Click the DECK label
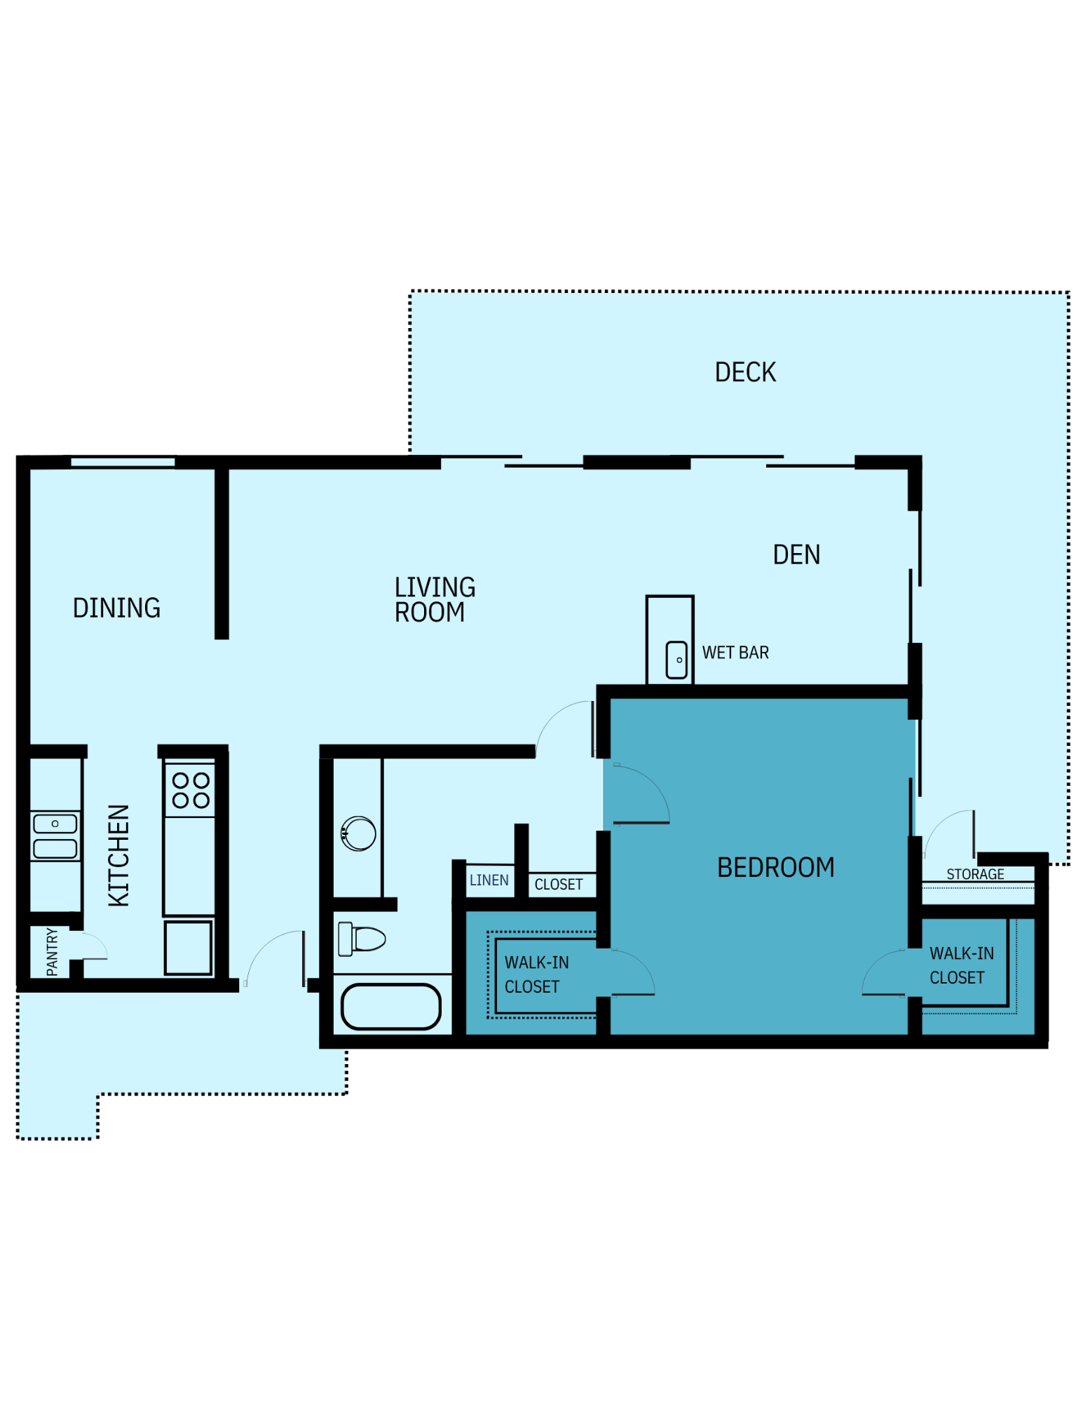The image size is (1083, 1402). click(x=744, y=372)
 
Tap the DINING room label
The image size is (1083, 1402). click(x=116, y=608)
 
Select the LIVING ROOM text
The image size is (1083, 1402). click(x=434, y=599)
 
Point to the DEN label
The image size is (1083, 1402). click(x=796, y=554)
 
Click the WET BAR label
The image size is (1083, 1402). click(x=735, y=653)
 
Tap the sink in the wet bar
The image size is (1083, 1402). click(x=676, y=660)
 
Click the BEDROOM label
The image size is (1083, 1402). click(x=775, y=867)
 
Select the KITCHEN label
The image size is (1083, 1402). click(x=119, y=855)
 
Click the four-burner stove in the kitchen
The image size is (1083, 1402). click(x=191, y=790)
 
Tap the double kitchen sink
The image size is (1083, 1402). click(x=55, y=836)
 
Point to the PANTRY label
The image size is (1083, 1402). click(x=53, y=951)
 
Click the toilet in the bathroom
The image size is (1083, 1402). click(x=362, y=939)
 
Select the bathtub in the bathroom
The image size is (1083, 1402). click(x=390, y=1007)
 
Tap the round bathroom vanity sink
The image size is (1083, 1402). click(x=358, y=833)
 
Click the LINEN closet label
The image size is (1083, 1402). click(x=489, y=880)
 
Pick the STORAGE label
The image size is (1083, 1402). click(x=974, y=874)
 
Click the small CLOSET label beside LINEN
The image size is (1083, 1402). click(x=558, y=885)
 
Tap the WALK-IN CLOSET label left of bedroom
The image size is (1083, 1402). click(x=536, y=974)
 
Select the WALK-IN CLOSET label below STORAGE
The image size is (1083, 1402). click(x=960, y=965)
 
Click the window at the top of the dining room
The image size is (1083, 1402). click(x=123, y=461)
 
